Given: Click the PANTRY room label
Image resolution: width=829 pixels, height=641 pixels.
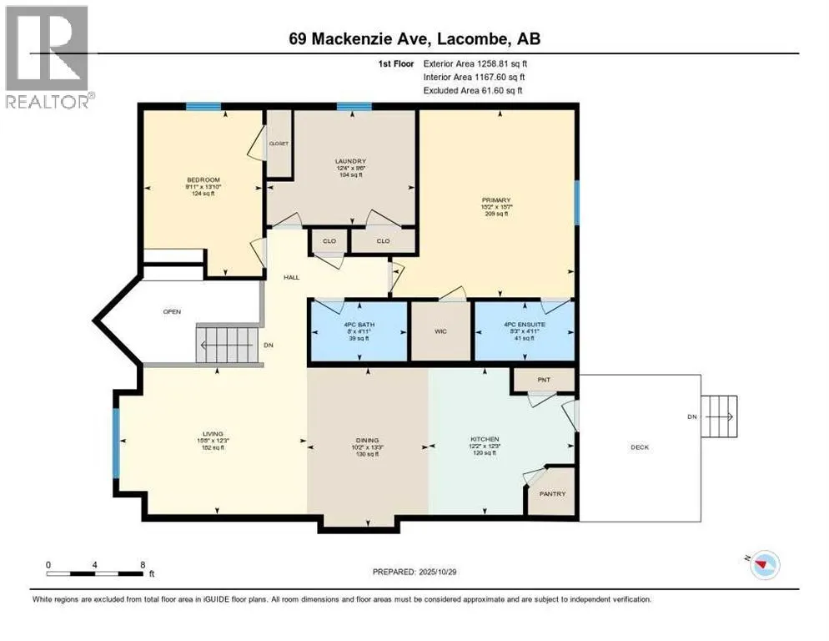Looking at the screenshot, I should click(x=552, y=494).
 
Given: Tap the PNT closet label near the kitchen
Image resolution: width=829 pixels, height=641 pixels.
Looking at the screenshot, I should click(x=544, y=380).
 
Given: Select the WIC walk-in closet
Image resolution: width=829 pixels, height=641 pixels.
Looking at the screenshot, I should click(x=441, y=331).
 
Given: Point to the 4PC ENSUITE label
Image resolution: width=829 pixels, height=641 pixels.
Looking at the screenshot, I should click(x=524, y=323).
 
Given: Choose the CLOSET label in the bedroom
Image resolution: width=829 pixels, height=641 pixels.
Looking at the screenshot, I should click(x=279, y=144).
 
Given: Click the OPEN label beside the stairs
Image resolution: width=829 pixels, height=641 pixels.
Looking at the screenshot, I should click(x=173, y=311).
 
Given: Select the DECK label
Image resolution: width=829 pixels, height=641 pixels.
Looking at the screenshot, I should click(x=639, y=447).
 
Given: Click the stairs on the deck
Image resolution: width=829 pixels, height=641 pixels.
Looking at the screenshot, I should click(x=720, y=416).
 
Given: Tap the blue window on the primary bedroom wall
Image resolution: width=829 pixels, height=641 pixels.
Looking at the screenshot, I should click(x=576, y=203).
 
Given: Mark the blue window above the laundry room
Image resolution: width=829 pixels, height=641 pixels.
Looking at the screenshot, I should click(x=354, y=106).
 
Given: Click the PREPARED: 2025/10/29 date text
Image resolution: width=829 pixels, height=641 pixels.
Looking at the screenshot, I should click(x=414, y=572).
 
